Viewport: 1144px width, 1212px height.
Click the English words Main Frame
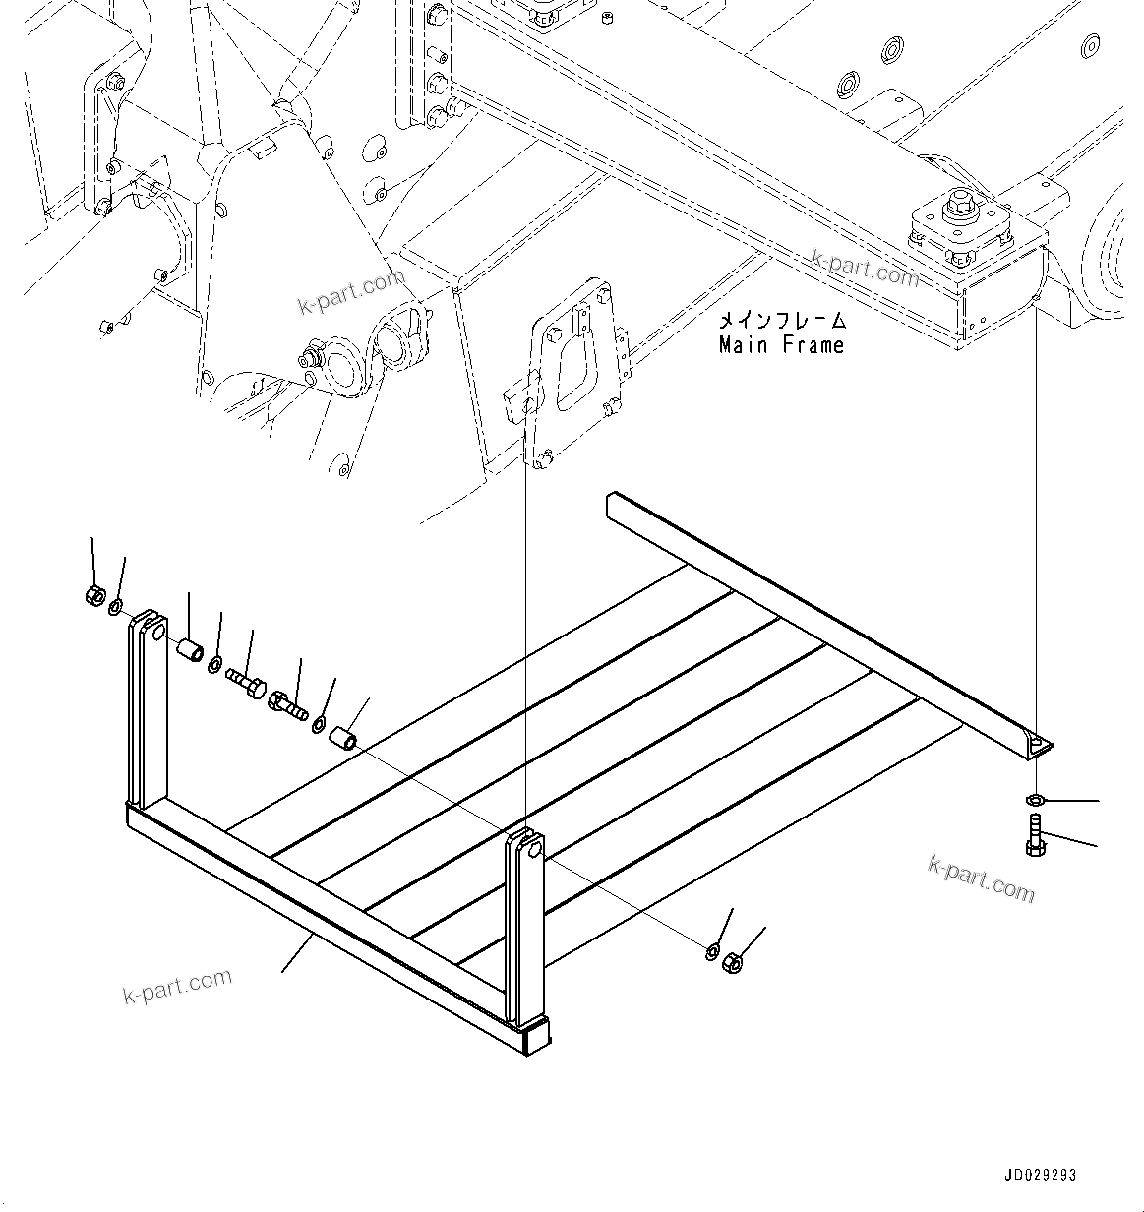[781, 345]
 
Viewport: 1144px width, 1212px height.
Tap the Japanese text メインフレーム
[781, 321]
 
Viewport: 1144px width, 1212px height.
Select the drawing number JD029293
[1041, 1175]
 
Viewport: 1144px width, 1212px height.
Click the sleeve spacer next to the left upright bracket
[189, 649]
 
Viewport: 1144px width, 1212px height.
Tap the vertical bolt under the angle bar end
[1035, 834]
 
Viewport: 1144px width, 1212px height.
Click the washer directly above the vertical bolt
[1035, 797]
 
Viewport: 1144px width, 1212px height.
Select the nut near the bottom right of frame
[732, 962]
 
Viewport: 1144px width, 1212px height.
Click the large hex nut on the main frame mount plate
[960, 209]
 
